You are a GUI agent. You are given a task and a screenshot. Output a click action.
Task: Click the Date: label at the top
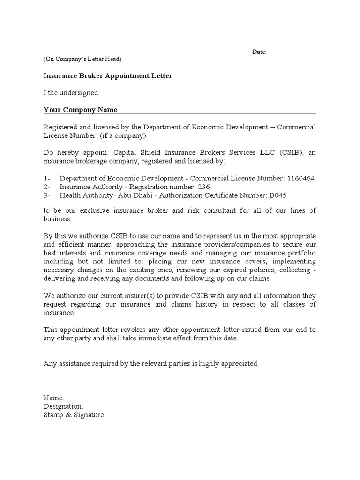[x=259, y=52]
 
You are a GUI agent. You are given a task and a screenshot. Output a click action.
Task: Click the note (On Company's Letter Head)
[x=82, y=59]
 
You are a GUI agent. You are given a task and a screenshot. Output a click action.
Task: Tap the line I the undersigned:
[x=71, y=93]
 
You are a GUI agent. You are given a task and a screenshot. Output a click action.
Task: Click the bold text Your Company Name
[x=80, y=110]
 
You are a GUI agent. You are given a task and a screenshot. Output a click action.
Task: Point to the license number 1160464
[x=300, y=179]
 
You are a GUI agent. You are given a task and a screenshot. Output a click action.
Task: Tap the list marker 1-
[x=47, y=179]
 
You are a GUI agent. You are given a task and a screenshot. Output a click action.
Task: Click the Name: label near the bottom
[x=54, y=397]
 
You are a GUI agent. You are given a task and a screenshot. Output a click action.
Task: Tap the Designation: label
[x=63, y=406]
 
